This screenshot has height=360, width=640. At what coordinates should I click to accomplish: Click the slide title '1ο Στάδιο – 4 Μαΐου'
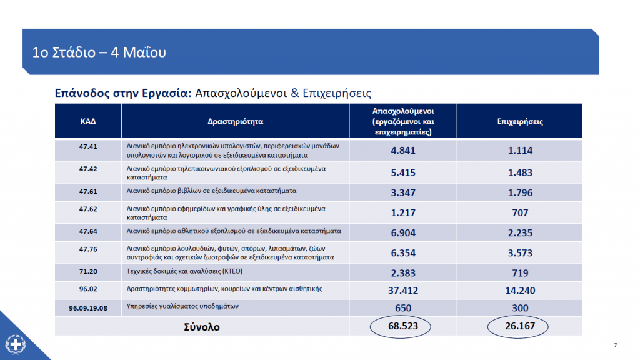pyautogui.click(x=99, y=52)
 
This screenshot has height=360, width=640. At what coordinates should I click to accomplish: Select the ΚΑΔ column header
pyautogui.click(x=88, y=121)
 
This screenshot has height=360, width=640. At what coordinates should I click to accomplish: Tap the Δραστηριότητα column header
pyautogui.click(x=236, y=121)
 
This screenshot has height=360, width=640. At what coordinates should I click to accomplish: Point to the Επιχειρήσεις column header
pyautogui.click(x=520, y=121)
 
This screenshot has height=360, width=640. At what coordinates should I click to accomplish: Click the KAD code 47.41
pyautogui.click(x=88, y=146)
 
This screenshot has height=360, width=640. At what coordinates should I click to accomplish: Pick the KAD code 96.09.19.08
pyautogui.click(x=88, y=308)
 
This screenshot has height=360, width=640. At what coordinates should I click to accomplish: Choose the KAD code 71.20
pyautogui.click(x=88, y=271)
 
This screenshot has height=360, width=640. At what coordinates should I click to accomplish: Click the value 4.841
pyautogui.click(x=403, y=150)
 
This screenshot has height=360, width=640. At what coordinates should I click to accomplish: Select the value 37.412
pyautogui.click(x=403, y=291)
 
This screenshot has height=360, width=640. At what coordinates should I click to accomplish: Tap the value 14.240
pyautogui.click(x=520, y=291)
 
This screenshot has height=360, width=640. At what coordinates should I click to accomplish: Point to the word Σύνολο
pyautogui.click(x=202, y=327)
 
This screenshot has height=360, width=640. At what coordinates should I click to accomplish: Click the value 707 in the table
pyautogui.click(x=520, y=212)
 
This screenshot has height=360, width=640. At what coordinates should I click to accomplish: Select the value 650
pyautogui.click(x=403, y=308)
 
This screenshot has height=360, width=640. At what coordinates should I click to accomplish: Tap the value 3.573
pyautogui.click(x=520, y=253)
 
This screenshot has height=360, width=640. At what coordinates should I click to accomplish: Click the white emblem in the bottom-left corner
pyautogui.click(x=16, y=344)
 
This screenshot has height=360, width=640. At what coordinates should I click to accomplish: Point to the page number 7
pyautogui.click(x=616, y=345)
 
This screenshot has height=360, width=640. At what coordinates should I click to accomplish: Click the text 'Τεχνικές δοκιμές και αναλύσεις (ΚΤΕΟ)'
pyautogui.click(x=184, y=271)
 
